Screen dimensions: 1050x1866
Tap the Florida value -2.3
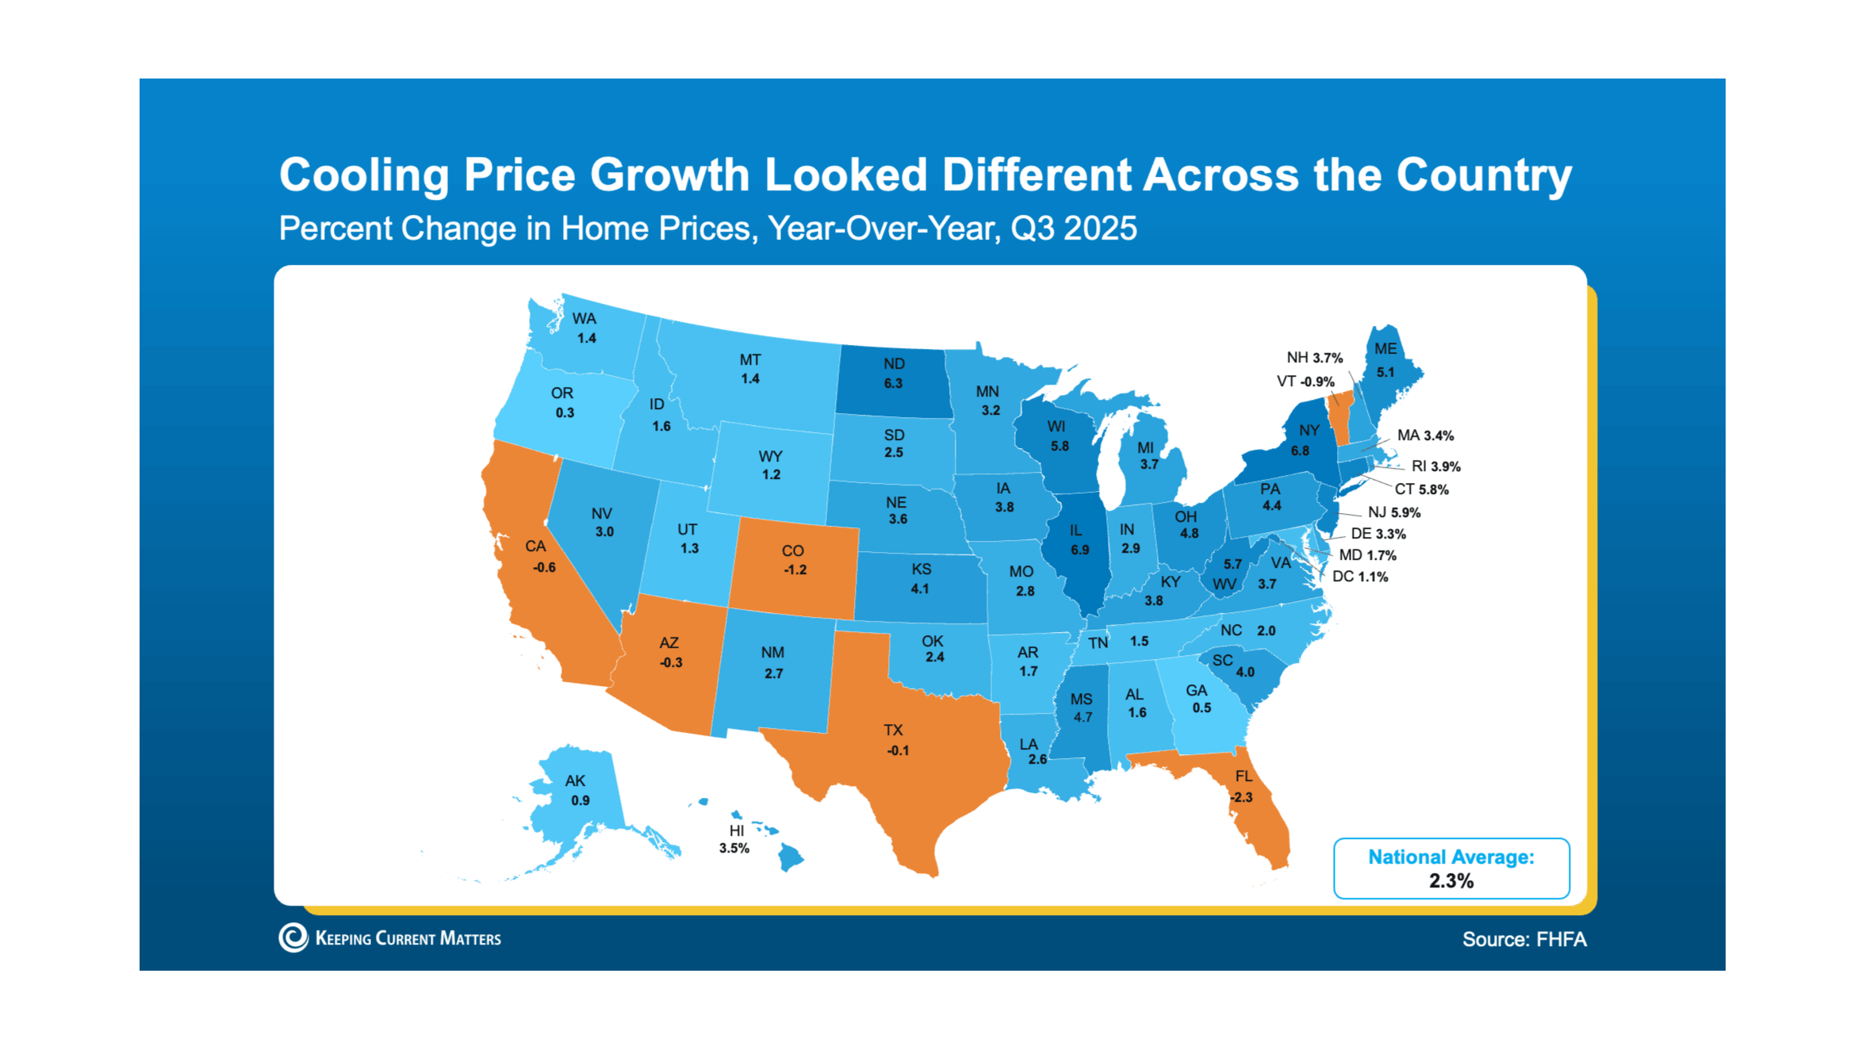1242,797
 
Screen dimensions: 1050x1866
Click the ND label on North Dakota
894,364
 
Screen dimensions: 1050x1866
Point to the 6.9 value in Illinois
1079,550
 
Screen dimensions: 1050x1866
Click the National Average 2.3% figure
1450,880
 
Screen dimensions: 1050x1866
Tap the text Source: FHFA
1523,939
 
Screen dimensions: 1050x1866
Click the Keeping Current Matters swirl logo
293,937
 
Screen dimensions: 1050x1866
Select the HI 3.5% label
735,839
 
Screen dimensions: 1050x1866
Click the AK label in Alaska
575,781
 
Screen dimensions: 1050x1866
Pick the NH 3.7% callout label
1314,358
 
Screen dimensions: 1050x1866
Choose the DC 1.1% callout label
1359,577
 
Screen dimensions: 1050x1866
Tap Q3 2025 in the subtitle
1073,228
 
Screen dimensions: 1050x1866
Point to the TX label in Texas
893,730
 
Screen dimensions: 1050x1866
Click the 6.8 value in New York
1300,450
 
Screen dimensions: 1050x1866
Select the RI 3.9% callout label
1435,466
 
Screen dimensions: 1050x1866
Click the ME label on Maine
1385,349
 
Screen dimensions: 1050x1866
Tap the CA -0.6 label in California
541,556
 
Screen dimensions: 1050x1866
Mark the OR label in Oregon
561,393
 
